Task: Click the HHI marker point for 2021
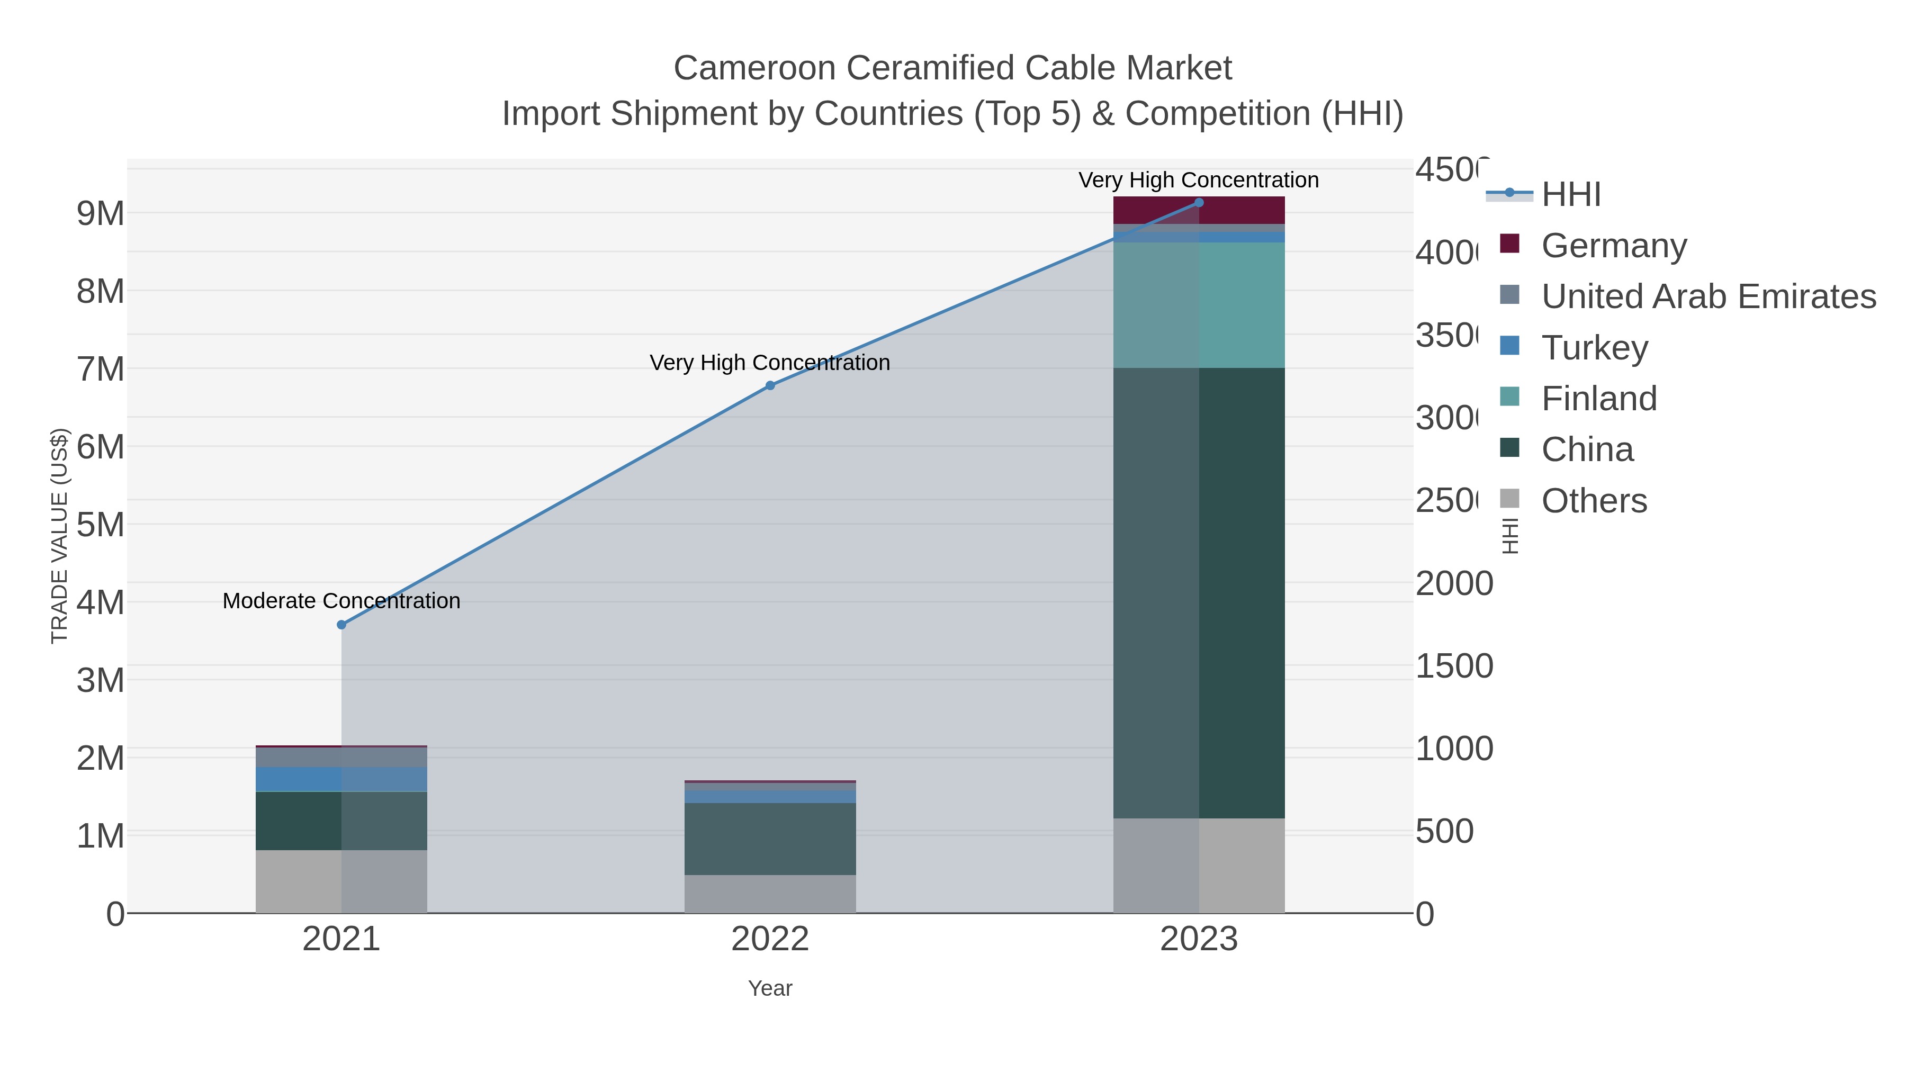(341, 625)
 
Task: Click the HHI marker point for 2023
(1199, 203)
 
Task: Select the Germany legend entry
(1614, 246)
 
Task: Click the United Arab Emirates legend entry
(1707, 296)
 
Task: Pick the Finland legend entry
(1598, 399)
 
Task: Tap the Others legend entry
(1594, 501)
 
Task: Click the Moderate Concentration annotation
(341, 601)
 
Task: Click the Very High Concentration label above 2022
(769, 363)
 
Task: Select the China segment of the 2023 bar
(1199, 592)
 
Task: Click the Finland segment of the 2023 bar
(1199, 305)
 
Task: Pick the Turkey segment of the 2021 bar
(341, 779)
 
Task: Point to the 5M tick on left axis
(101, 525)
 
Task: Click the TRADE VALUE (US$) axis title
(59, 536)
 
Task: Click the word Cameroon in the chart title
(754, 68)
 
